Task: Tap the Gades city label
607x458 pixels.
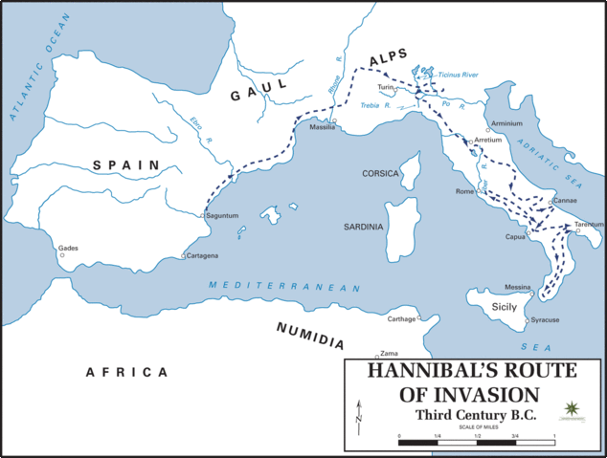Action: pyautogui.click(x=68, y=248)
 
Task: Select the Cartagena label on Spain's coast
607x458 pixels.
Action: pyautogui.click(x=203, y=256)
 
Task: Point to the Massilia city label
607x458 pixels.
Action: pyautogui.click(x=321, y=126)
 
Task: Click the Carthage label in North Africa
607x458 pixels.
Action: pyautogui.click(x=402, y=318)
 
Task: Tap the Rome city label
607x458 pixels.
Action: pyautogui.click(x=466, y=190)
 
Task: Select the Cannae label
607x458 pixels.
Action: pyautogui.click(x=565, y=201)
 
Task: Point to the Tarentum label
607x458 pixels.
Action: pyautogui.click(x=589, y=225)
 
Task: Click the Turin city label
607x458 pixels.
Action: pyautogui.click(x=386, y=87)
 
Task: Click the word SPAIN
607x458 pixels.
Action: pyautogui.click(x=125, y=165)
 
